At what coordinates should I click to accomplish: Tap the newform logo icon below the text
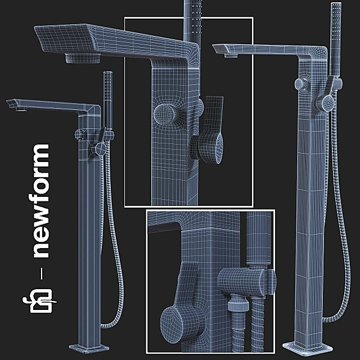coord(40,301)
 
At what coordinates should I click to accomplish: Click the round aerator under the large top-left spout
coord(82,57)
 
